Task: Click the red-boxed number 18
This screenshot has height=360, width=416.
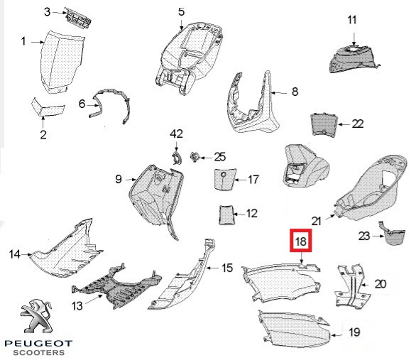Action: [300, 241]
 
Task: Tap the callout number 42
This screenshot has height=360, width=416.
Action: [177, 134]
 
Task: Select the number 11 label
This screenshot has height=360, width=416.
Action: [352, 20]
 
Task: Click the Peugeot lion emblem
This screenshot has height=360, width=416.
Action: [37, 316]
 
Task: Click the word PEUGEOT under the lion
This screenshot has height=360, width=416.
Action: [38, 344]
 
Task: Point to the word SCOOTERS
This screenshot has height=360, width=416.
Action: [39, 353]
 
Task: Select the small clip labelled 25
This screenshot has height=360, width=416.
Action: [195, 157]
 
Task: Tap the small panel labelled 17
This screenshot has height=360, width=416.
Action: [224, 180]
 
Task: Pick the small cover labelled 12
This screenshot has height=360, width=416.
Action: [226, 214]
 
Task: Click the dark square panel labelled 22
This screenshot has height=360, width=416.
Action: [324, 124]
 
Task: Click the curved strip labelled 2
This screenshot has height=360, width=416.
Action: [48, 108]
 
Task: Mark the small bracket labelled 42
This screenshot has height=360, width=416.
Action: [176, 158]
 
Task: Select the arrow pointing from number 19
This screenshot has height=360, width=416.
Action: [337, 335]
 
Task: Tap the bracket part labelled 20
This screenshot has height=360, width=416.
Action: [351, 285]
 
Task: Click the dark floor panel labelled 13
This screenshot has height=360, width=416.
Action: [116, 288]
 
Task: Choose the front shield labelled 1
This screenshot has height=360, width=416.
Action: [62, 62]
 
